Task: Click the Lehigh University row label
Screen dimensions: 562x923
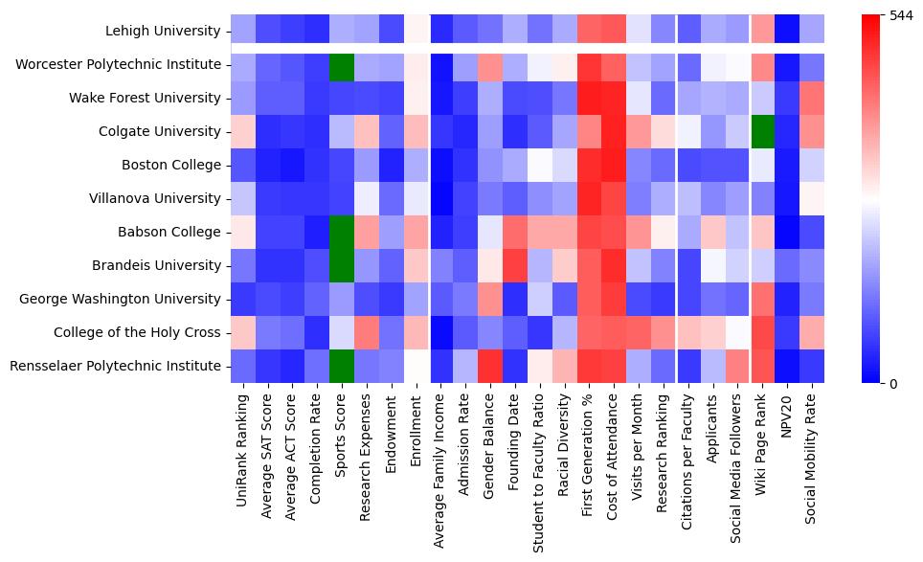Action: (x=164, y=32)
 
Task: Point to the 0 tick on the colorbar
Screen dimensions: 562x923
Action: (x=894, y=384)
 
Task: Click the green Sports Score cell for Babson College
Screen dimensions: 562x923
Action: (x=342, y=233)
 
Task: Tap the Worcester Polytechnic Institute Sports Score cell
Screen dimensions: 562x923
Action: (x=342, y=65)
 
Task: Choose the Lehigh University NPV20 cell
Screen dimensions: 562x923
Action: (x=788, y=32)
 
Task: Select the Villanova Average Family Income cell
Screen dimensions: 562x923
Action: (x=441, y=199)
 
